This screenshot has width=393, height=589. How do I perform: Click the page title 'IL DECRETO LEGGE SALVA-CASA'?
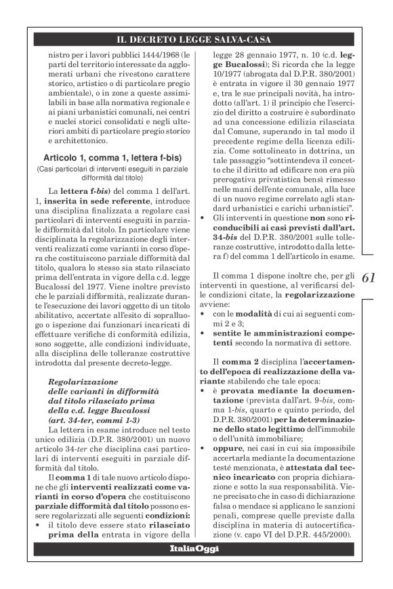tap(196, 39)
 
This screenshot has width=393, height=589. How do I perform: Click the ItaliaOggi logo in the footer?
tap(196, 548)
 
